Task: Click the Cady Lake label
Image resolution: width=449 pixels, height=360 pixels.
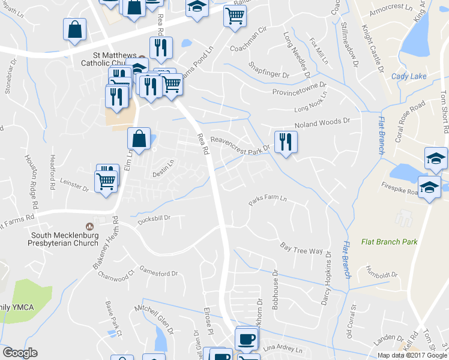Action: click(x=408, y=76)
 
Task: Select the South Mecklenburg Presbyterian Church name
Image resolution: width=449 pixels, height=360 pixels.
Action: click(x=64, y=239)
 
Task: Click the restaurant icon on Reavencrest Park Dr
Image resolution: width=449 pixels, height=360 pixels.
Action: click(x=286, y=142)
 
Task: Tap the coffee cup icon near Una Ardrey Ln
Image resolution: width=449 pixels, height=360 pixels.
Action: click(x=246, y=338)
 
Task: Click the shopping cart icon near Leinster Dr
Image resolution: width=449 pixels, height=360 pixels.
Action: click(x=106, y=180)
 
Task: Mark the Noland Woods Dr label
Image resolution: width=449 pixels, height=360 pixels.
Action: click(x=321, y=124)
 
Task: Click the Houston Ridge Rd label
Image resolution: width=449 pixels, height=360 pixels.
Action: click(x=31, y=173)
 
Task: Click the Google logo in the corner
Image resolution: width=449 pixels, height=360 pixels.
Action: click(x=20, y=353)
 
